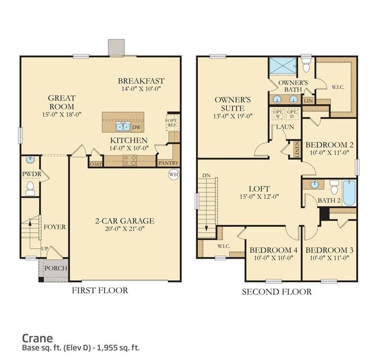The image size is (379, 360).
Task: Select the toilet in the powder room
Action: pyautogui.click(x=30, y=188)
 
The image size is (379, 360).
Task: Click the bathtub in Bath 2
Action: pyautogui.click(x=349, y=193)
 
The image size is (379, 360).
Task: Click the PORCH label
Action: pyautogui.click(x=55, y=269)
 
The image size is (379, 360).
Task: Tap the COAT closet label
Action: pyautogui.click(x=96, y=164)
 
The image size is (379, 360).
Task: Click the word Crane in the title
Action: pyautogui.click(x=38, y=337)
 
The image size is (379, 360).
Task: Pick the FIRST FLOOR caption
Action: pyautogui.click(x=99, y=291)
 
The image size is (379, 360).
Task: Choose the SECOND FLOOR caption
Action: pyautogui.click(x=276, y=292)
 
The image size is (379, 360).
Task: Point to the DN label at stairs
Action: pyautogui.click(x=206, y=175)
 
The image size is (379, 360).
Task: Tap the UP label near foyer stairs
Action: pyautogui.click(x=45, y=247)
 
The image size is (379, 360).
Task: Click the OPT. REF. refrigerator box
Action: pyautogui.click(x=172, y=122)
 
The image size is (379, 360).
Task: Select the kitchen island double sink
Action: pyautogui.click(x=123, y=126)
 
